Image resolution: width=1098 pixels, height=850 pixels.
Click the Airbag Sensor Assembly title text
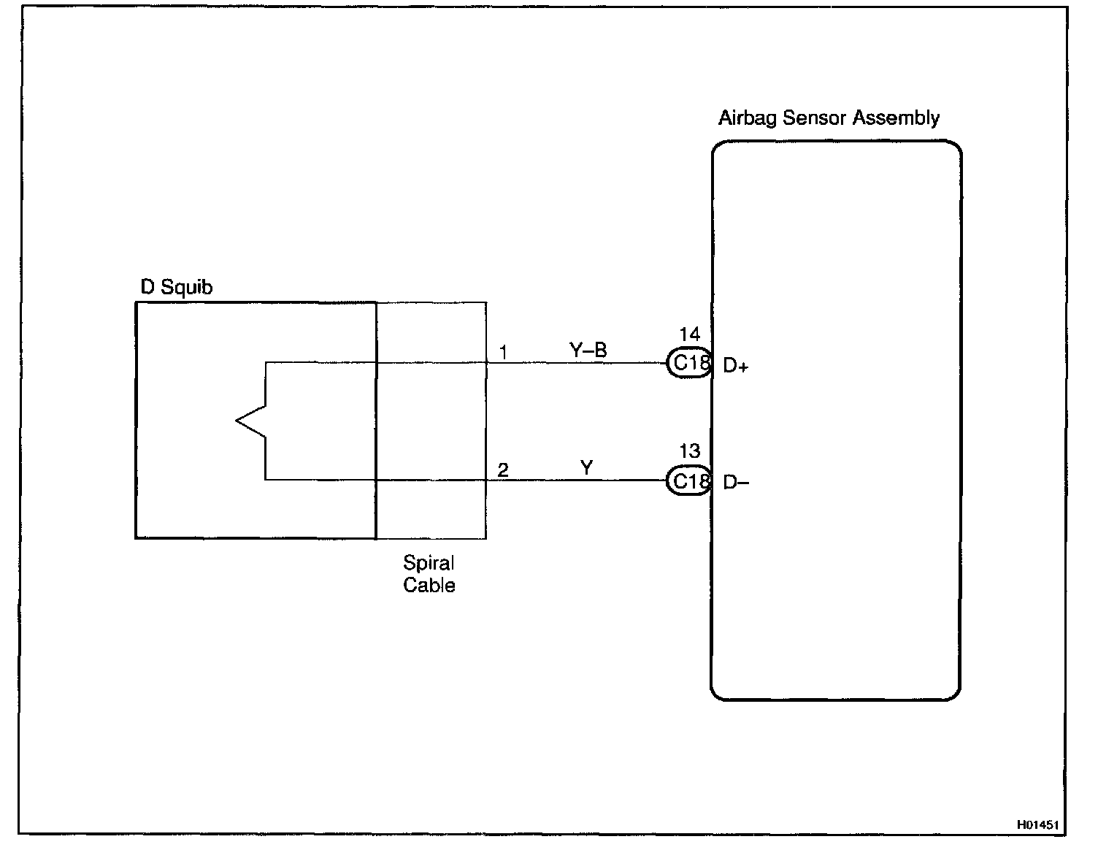829,118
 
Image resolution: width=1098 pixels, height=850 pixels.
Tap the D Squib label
177,288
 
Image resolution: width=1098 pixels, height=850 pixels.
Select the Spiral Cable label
429,574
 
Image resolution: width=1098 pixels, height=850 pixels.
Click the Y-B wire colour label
588,351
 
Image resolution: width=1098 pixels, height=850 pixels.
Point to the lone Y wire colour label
586,467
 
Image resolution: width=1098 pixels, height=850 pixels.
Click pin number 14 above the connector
689,334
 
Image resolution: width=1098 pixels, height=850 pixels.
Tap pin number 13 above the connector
689,451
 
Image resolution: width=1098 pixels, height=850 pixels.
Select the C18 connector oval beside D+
689,363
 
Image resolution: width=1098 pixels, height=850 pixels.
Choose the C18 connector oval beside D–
689,480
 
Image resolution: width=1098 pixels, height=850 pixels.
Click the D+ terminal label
736,366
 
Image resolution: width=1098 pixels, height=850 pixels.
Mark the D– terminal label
736,483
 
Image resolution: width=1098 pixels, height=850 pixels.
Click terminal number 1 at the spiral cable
503,353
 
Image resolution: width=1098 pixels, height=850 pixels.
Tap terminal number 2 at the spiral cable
503,470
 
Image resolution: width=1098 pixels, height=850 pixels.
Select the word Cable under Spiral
429,585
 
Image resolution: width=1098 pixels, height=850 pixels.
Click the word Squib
186,288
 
